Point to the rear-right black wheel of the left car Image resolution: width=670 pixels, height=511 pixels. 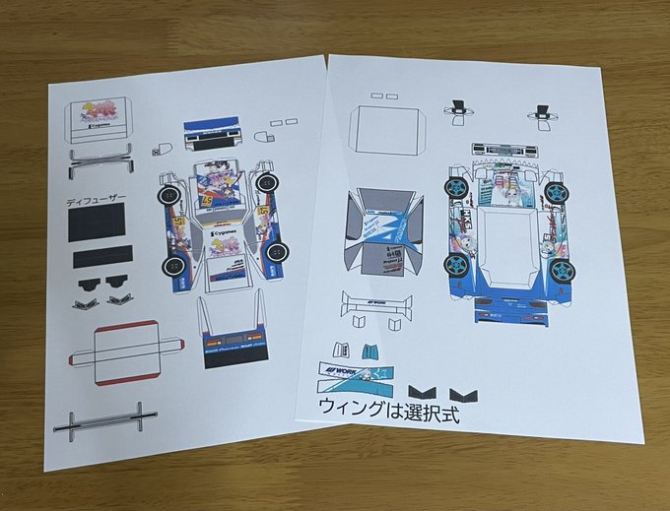pyautogui.click(x=280, y=249)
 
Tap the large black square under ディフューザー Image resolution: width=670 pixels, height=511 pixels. pyautogui.click(x=94, y=226)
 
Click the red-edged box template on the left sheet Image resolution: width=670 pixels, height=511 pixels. pyautogui.click(x=121, y=351)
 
